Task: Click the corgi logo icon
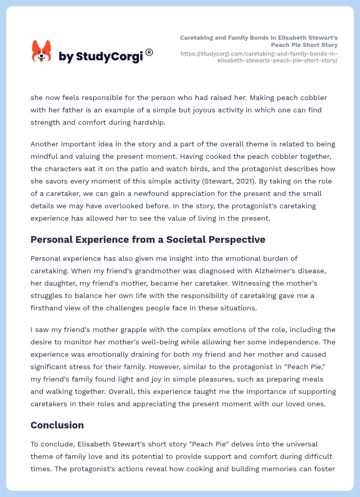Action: (x=42, y=51)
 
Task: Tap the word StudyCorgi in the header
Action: (x=109, y=57)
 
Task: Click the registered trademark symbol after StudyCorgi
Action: (x=149, y=52)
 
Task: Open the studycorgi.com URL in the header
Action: (x=259, y=57)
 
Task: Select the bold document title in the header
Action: (x=259, y=41)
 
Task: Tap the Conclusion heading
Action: (x=57, y=425)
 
